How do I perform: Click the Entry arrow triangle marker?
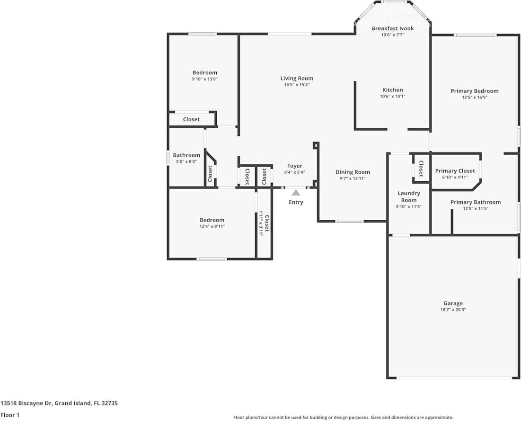(296, 193)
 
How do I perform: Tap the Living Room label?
(297, 79)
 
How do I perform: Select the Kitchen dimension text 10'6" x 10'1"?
(392, 96)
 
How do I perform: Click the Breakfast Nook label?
(392, 28)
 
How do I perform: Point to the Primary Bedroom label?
(474, 91)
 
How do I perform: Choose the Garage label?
(453, 304)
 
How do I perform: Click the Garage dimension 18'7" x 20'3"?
(453, 310)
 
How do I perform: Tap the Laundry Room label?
(408, 197)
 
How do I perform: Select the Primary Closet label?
(455, 171)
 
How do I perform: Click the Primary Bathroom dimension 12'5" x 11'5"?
(475, 208)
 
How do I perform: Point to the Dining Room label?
(353, 172)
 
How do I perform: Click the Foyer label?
(294, 166)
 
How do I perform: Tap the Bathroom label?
(186, 155)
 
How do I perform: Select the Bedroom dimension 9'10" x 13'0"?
(204, 79)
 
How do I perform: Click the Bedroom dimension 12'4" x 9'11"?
(212, 226)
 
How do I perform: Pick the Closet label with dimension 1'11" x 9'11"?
(267, 224)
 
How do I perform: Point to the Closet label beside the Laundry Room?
(421, 169)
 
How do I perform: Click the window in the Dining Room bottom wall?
(350, 221)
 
